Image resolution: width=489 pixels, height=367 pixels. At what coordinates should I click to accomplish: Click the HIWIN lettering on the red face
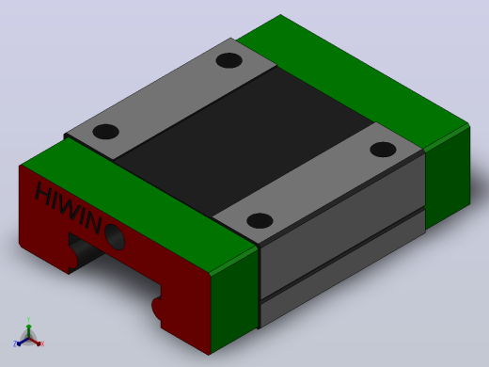[69, 208]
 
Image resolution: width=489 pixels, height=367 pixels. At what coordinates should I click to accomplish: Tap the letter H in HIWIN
[44, 193]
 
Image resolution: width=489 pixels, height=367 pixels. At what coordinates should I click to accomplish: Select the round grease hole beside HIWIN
[115, 236]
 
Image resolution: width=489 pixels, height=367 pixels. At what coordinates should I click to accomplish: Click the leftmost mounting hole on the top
[105, 132]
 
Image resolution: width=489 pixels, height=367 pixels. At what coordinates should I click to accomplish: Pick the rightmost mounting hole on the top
[383, 149]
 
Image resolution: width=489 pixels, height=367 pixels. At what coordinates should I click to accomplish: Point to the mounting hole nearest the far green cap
[229, 60]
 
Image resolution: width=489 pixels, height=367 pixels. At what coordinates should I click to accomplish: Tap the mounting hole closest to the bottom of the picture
[260, 220]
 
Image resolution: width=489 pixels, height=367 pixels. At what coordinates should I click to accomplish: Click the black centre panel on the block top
[244, 141]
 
